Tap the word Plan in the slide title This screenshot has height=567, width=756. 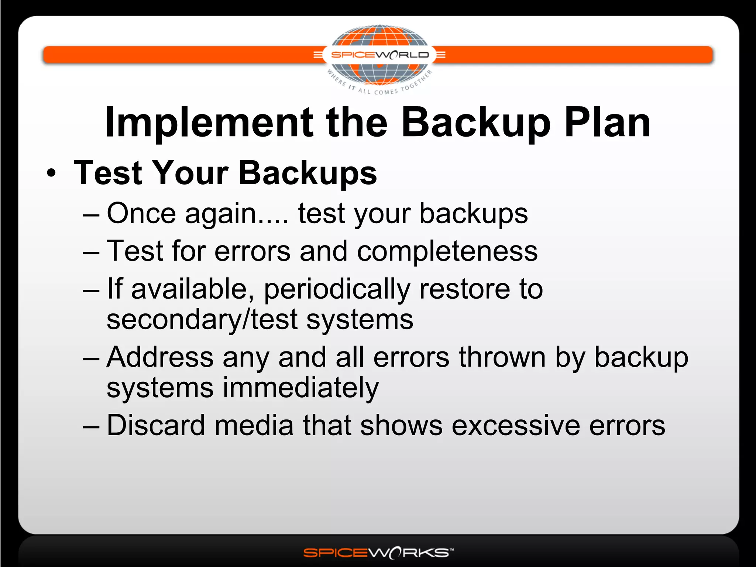[x=607, y=123]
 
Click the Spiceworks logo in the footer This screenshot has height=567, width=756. [x=378, y=553]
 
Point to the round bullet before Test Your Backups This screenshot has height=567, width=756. [x=52, y=173]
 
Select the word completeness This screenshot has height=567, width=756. [x=447, y=251]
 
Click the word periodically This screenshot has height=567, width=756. [x=337, y=289]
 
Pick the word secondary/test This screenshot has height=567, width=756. [x=202, y=320]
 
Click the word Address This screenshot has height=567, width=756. [x=160, y=357]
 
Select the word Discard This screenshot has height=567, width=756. [x=155, y=425]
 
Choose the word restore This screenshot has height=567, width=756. [x=465, y=289]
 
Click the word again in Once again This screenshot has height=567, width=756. [x=221, y=214]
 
